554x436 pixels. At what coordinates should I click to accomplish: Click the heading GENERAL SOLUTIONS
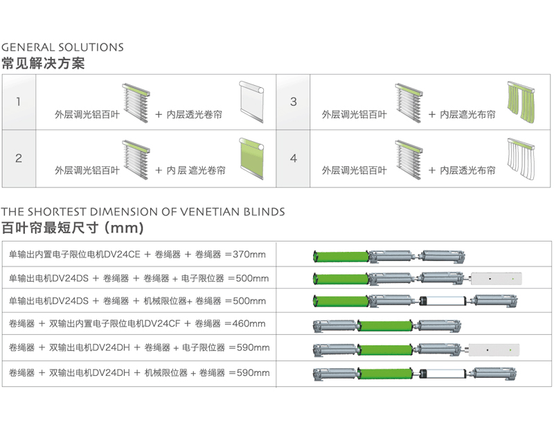[x=62, y=48]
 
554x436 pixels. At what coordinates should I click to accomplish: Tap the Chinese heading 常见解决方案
[x=43, y=63]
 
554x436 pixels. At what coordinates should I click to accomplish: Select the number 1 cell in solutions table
[x=19, y=102]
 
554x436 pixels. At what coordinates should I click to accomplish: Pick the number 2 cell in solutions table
[x=19, y=158]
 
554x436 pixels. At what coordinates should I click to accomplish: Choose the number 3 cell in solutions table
[x=293, y=102]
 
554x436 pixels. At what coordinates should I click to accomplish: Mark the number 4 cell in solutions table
[x=293, y=158]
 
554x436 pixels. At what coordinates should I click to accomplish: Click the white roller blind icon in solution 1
[x=251, y=101]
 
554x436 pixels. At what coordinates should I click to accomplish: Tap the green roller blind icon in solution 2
[x=251, y=158]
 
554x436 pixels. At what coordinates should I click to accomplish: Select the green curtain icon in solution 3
[x=523, y=101]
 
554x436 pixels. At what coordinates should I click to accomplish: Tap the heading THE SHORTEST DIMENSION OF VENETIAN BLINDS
[x=143, y=212]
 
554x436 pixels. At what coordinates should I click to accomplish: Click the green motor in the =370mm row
[x=341, y=257]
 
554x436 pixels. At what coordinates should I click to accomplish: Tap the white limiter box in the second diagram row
[x=496, y=279]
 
